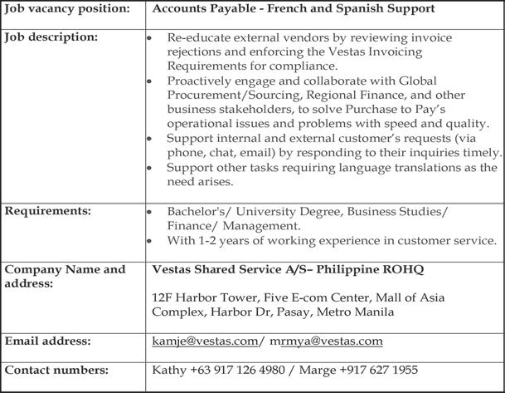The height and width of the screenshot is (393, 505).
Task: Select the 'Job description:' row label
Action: coord(51,37)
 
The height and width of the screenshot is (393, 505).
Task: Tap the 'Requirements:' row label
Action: coord(47,211)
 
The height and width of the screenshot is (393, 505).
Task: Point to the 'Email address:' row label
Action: coord(48,341)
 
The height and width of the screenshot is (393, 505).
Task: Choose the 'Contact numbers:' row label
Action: coord(56,370)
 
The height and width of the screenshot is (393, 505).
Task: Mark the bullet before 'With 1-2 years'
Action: coord(148,241)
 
